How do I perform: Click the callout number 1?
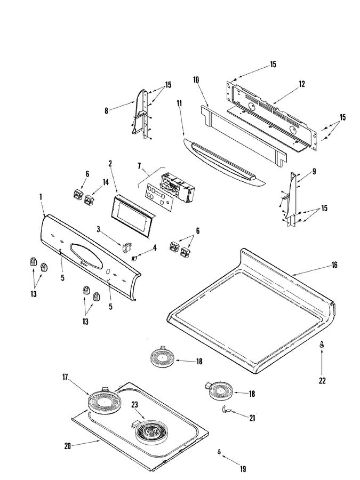click(42, 197)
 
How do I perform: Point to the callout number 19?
click(243, 469)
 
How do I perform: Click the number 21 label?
click(252, 418)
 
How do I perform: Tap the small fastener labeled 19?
click(219, 452)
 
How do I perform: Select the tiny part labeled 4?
click(135, 256)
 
